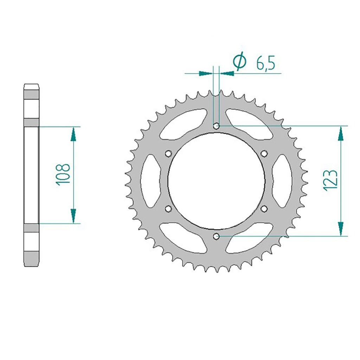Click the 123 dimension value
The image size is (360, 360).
pyautogui.click(x=330, y=180)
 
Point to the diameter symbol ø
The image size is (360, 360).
pyautogui.click(x=239, y=60)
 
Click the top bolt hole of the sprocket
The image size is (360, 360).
pyautogui.click(x=216, y=126)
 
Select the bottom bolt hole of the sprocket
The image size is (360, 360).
pyautogui.click(x=216, y=236)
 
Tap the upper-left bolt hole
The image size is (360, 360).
pyautogui.click(x=168, y=153)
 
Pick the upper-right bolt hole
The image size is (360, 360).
pyautogui.click(x=264, y=153)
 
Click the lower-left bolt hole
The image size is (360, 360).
pyautogui.click(x=168, y=208)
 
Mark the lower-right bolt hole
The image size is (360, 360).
pyautogui.click(x=264, y=208)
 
